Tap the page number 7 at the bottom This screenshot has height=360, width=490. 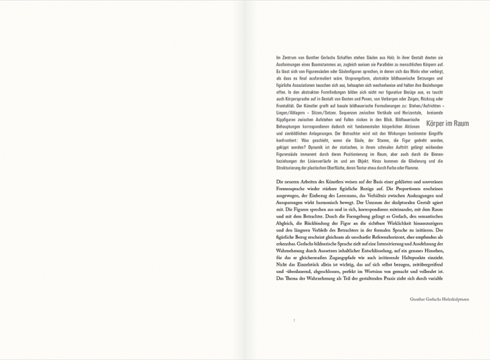click(294, 320)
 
